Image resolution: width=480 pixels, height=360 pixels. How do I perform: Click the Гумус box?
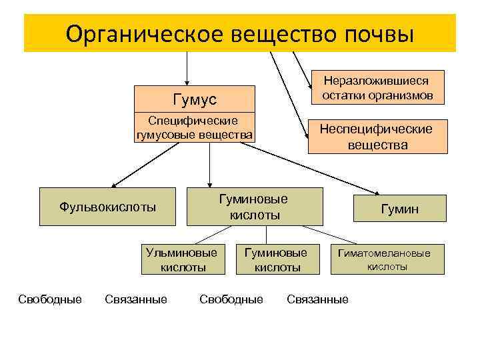tap(195, 99)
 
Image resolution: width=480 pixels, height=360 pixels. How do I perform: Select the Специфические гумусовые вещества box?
tap(195, 128)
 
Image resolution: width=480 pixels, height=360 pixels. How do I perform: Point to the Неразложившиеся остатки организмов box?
tap(377, 88)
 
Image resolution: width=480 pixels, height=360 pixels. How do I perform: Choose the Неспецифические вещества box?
tap(377, 137)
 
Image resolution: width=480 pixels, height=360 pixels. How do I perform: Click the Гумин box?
tap(399, 209)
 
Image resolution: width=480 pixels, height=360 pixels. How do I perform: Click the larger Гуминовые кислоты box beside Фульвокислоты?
tap(255, 207)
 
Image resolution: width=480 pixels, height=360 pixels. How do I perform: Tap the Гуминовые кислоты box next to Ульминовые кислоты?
tap(276, 260)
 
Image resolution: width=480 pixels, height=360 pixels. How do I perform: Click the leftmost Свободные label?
tap(50, 299)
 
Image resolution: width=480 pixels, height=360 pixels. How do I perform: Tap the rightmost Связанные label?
tap(317, 299)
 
